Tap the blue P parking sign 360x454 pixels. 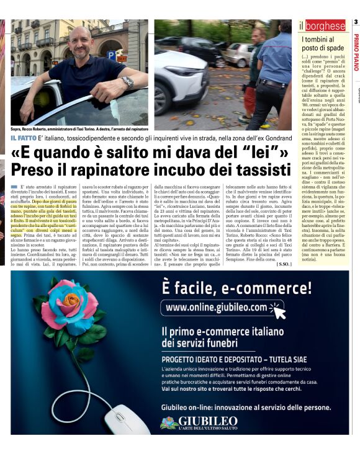coord(111,55)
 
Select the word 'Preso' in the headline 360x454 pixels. coord(35,169)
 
